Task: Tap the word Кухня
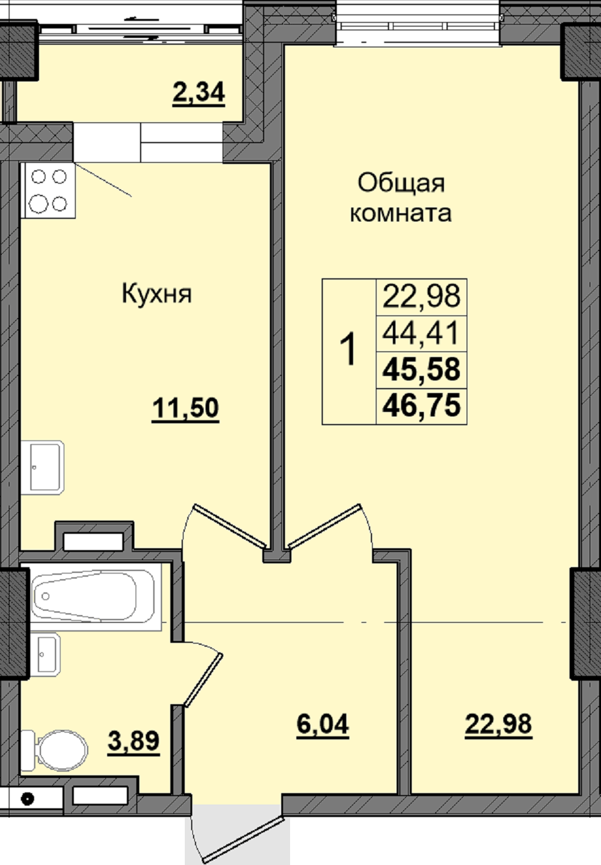point(157,294)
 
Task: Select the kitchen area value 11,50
point(185,409)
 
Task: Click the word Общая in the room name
point(401,184)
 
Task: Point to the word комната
point(400,213)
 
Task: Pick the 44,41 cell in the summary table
point(421,334)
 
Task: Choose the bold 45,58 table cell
point(421,369)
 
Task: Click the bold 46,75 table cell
point(421,406)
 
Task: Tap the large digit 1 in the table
point(349,350)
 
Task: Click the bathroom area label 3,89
point(134,741)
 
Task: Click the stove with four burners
point(50,191)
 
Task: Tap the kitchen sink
point(43,468)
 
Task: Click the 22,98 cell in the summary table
point(421,297)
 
